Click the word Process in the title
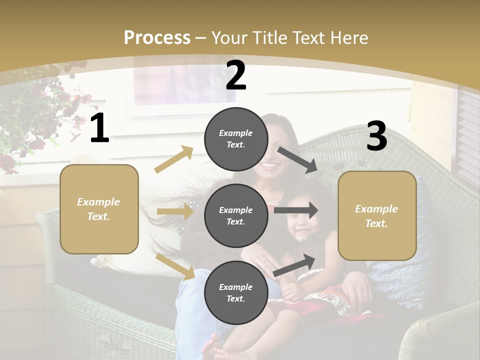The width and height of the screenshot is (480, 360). [157, 38]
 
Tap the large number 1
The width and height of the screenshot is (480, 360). [99, 128]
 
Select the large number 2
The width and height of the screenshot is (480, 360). [236, 76]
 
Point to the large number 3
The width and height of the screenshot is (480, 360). [376, 136]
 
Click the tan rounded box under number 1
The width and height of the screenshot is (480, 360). [99, 209]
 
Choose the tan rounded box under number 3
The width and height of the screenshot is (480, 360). [377, 215]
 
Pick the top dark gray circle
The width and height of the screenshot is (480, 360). [236, 139]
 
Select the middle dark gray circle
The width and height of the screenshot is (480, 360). [236, 215]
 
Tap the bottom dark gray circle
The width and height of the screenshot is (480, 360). [236, 292]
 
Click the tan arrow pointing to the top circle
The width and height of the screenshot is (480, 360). [174, 159]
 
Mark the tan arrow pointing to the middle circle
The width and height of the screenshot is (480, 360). [175, 211]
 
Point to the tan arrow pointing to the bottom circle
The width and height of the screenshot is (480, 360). [175, 266]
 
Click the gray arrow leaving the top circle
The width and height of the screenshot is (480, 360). [297, 159]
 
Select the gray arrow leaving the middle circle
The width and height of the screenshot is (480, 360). [296, 210]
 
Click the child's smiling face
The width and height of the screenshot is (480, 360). [301, 224]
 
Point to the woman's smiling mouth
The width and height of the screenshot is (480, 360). [270, 164]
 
